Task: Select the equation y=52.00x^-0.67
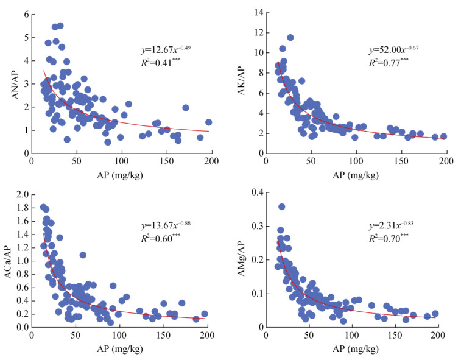(395, 48)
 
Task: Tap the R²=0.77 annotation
(390, 62)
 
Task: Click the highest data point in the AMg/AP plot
(282, 207)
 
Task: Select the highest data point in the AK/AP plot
(290, 38)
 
